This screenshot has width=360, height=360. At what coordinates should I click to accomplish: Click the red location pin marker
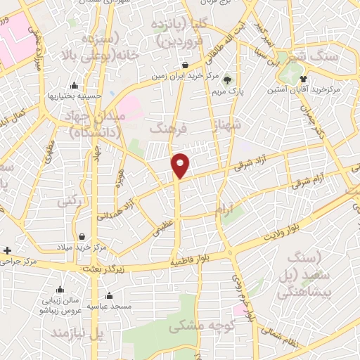pyautogui.click(x=181, y=165)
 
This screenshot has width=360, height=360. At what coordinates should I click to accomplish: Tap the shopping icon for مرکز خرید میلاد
pyautogui.click(x=84, y=237)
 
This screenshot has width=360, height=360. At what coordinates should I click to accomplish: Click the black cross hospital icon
pyautogui.click(x=7, y=250)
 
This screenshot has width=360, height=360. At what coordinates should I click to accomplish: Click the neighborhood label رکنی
pyautogui.click(x=70, y=201)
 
